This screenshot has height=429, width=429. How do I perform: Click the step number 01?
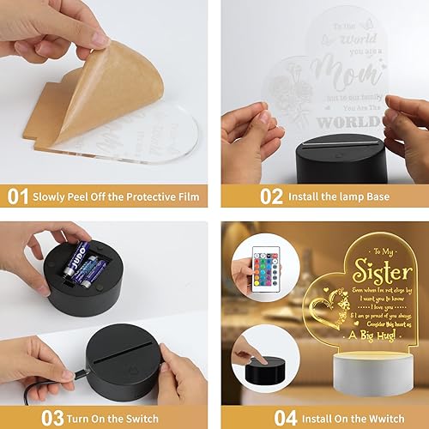pyautogui.click(x=18, y=196)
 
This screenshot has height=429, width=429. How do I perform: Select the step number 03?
pyautogui.click(x=18, y=418)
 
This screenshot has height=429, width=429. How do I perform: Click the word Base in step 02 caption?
pyautogui.click(x=374, y=197)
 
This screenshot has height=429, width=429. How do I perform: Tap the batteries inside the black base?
pyautogui.click(x=86, y=262)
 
